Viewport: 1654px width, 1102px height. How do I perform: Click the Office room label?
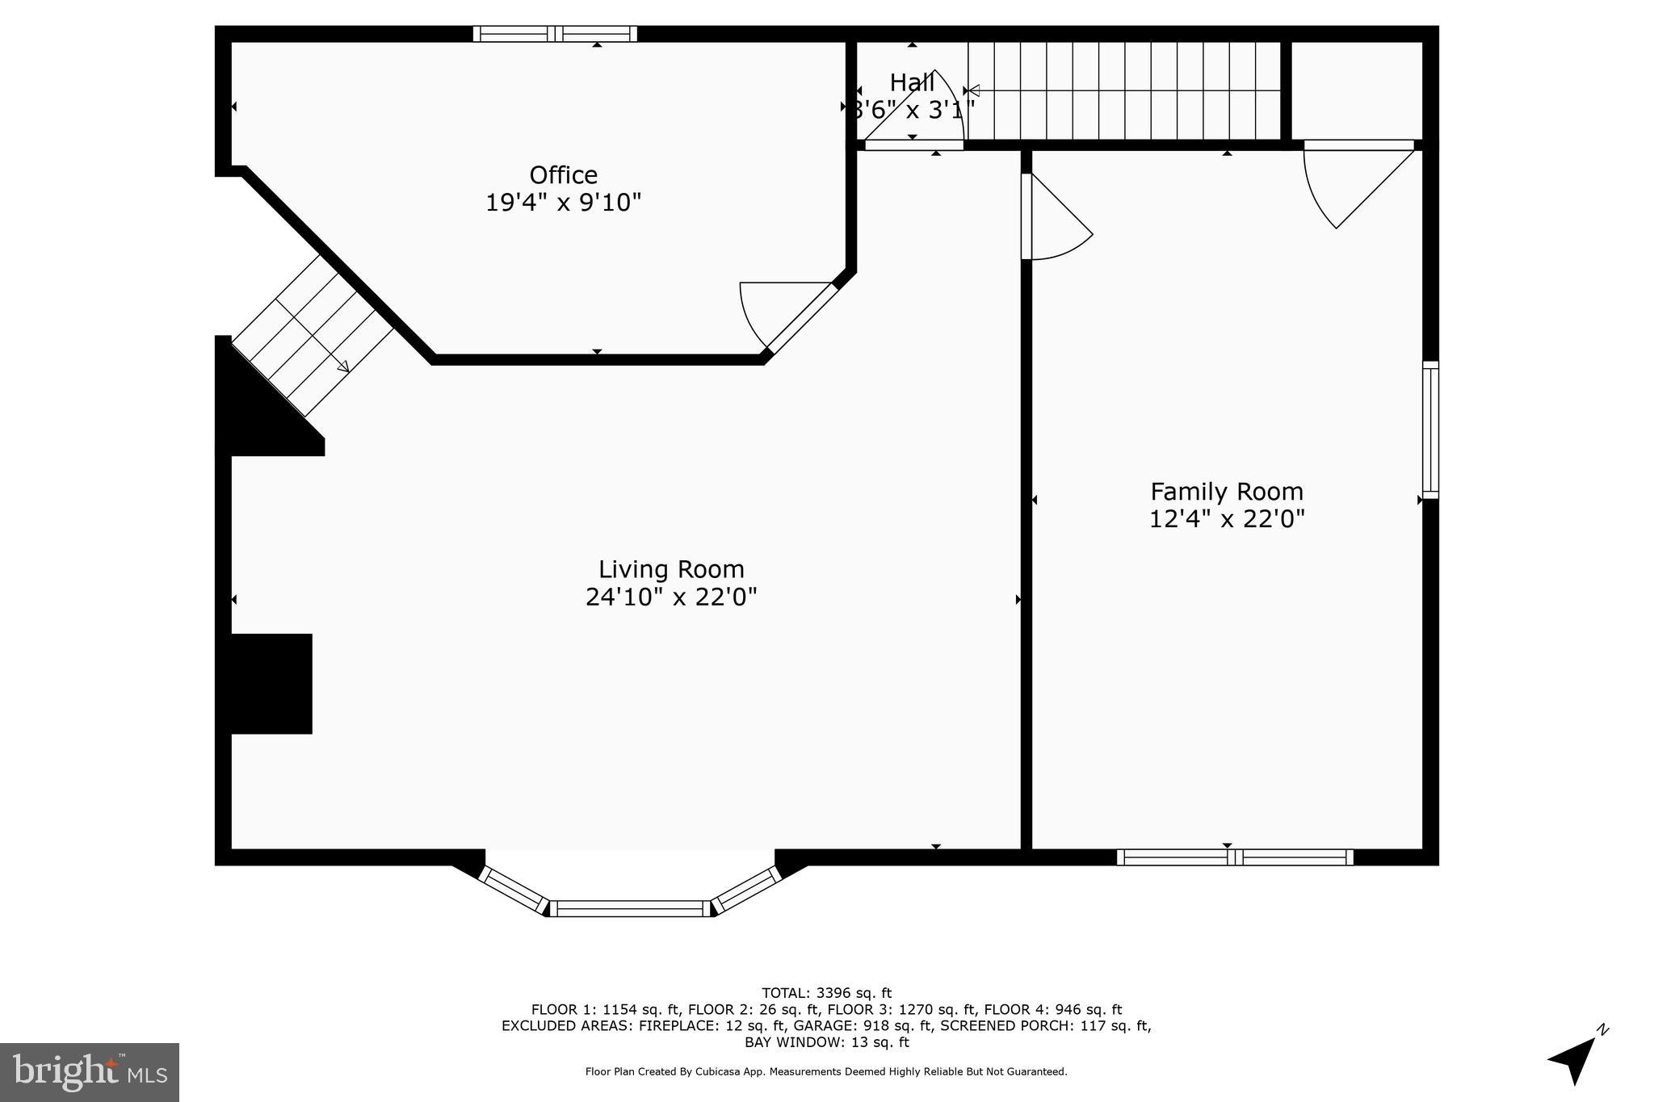point(563,174)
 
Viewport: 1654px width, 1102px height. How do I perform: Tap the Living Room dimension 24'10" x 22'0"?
point(671,597)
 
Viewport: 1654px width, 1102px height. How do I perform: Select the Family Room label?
point(1226,491)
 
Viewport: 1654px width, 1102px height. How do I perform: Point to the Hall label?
point(912,82)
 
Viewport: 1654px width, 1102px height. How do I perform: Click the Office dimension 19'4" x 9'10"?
point(563,202)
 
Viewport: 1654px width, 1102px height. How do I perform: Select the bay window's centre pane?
point(630,908)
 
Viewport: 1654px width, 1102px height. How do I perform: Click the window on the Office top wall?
point(555,34)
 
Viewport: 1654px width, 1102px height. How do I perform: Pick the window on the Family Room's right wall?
point(1429,429)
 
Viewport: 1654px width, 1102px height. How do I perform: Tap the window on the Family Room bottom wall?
point(1234,857)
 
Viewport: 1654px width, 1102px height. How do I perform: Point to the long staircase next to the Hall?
point(1124,90)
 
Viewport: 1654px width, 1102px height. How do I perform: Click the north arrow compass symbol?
point(1575,1058)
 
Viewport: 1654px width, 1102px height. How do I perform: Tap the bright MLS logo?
point(90,1072)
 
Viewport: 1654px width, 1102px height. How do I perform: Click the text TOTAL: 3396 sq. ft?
point(826,992)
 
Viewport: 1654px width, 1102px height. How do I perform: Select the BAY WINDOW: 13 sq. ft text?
point(826,1041)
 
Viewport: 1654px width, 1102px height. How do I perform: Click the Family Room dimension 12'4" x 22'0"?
point(1226,518)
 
